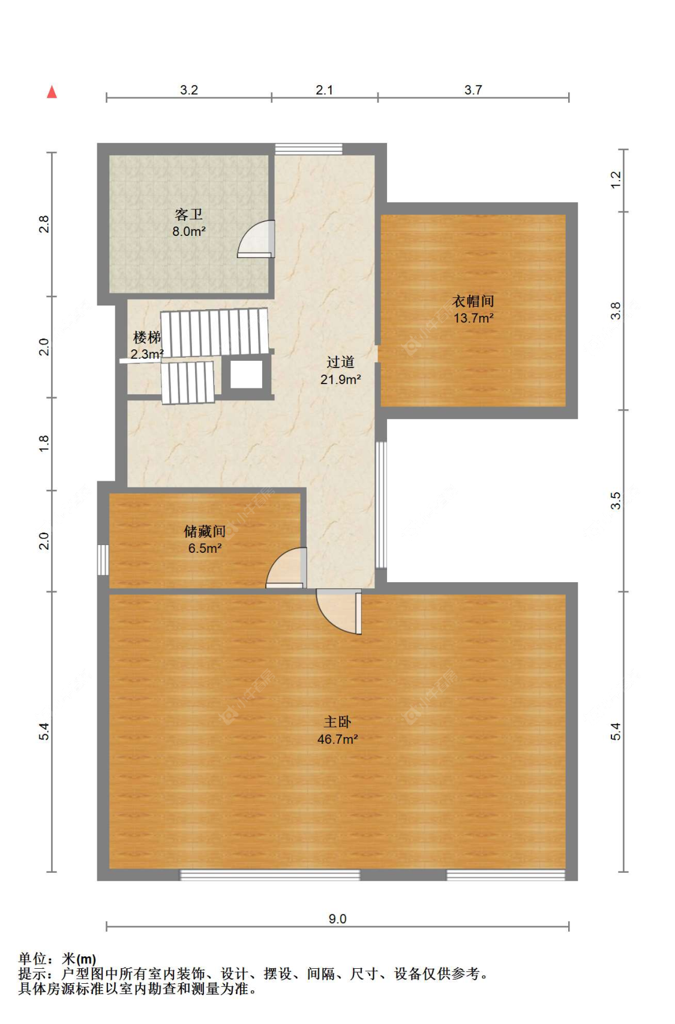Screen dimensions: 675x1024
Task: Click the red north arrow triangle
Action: pos(52,92)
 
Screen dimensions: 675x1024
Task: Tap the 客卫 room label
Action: pos(188,214)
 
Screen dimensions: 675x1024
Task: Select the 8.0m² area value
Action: pos(189,231)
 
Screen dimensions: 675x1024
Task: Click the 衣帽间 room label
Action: pos(473,301)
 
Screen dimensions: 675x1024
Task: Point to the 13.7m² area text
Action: pos(473,318)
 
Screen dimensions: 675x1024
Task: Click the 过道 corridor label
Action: pos(340,362)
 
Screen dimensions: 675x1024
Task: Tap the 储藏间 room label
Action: pos(205,531)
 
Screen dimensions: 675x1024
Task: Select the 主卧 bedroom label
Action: pos(337,722)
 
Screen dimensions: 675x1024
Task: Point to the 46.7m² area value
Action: pos(338,739)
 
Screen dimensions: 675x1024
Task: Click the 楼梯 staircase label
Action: pos(146,337)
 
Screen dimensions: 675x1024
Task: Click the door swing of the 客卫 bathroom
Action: pos(256,239)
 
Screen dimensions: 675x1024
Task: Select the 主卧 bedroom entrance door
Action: pos(339,612)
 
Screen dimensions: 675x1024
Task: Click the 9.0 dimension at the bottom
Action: pos(338,918)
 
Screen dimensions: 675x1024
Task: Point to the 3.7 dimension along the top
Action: pos(473,89)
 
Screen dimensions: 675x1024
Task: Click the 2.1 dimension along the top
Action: pos(324,89)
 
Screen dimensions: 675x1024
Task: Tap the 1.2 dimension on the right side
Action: pos(616,179)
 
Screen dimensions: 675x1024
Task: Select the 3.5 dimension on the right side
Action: pos(616,501)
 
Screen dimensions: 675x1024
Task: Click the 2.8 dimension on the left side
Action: pos(44,224)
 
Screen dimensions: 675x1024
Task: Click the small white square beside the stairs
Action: pos(247,375)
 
